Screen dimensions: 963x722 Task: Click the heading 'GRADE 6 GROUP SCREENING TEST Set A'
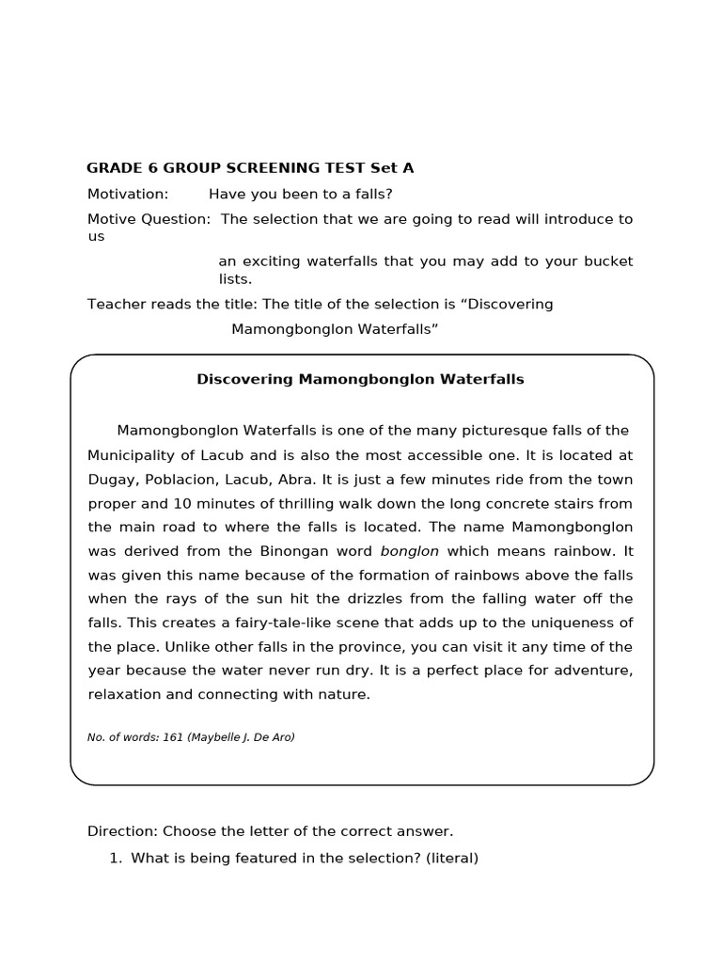coord(250,168)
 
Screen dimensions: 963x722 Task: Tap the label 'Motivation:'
coord(128,194)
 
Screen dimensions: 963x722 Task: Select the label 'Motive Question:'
coord(149,219)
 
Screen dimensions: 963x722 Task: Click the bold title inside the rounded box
coord(360,380)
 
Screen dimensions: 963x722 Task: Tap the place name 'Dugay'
coord(109,480)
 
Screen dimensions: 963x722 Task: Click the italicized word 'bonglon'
coord(409,551)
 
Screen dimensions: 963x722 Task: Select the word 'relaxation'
coord(124,695)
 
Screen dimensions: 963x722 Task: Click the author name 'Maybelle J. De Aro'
coord(242,737)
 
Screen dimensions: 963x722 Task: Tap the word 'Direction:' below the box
coord(122,831)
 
